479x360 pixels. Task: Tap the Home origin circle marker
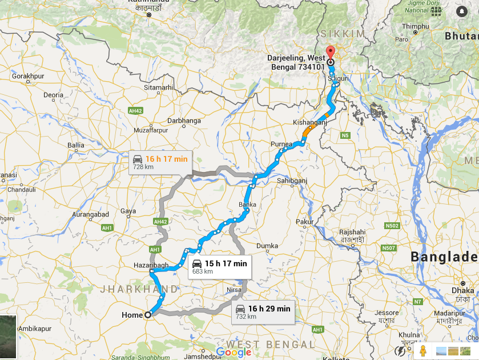[147, 314]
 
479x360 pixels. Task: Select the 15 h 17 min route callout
[219, 266]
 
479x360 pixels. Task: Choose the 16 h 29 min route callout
[263, 312]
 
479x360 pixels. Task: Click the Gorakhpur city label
[28, 76]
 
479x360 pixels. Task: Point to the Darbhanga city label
[184, 121]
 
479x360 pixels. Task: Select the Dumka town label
[267, 246]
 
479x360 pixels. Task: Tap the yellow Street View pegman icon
[422, 350]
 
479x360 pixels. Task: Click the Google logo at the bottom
[234, 352]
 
